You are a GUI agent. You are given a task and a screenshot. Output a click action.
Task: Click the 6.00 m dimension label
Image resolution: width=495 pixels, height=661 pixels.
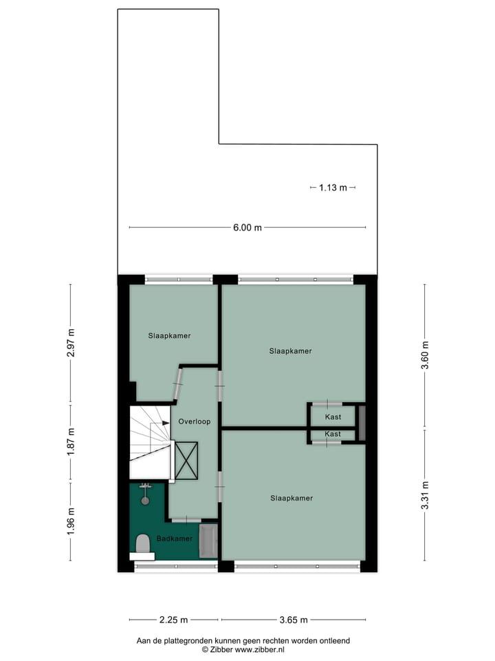coord(248,228)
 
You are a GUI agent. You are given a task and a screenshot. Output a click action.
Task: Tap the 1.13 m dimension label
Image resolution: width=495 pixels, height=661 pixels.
coord(333,187)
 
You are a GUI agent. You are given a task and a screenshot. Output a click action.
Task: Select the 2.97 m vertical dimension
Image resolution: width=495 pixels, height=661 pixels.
coord(71,342)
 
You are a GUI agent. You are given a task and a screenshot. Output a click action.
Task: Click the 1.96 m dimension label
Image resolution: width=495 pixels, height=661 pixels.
coord(71,521)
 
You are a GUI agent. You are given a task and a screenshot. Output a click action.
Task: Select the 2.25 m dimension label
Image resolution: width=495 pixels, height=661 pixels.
coord(175,620)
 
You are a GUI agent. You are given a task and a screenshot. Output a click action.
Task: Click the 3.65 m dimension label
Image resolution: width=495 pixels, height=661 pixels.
coord(294,620)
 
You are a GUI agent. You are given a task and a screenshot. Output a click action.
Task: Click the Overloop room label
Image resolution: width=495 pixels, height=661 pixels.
coord(194,421)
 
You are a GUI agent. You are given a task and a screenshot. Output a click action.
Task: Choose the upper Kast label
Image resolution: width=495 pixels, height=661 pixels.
coord(333,417)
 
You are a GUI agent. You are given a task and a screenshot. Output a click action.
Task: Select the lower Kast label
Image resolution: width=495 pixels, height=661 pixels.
coord(333,434)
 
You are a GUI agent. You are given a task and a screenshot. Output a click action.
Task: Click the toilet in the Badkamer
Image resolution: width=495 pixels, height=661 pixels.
coord(143,544)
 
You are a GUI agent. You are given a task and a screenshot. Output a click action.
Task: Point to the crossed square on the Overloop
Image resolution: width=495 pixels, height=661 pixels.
coord(186,461)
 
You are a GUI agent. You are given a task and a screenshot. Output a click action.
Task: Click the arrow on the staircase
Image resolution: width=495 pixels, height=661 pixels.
coord(165,423)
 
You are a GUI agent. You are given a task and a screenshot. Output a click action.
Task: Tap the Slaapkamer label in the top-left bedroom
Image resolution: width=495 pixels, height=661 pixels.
coord(169,336)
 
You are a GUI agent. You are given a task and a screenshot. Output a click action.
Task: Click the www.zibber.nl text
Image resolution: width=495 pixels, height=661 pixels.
coord(260,649)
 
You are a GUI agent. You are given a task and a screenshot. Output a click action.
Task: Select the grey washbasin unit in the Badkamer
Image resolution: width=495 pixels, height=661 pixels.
coord(208,541)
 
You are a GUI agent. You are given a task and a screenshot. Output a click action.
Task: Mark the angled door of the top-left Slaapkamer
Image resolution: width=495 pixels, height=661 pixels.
coord(177,383)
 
